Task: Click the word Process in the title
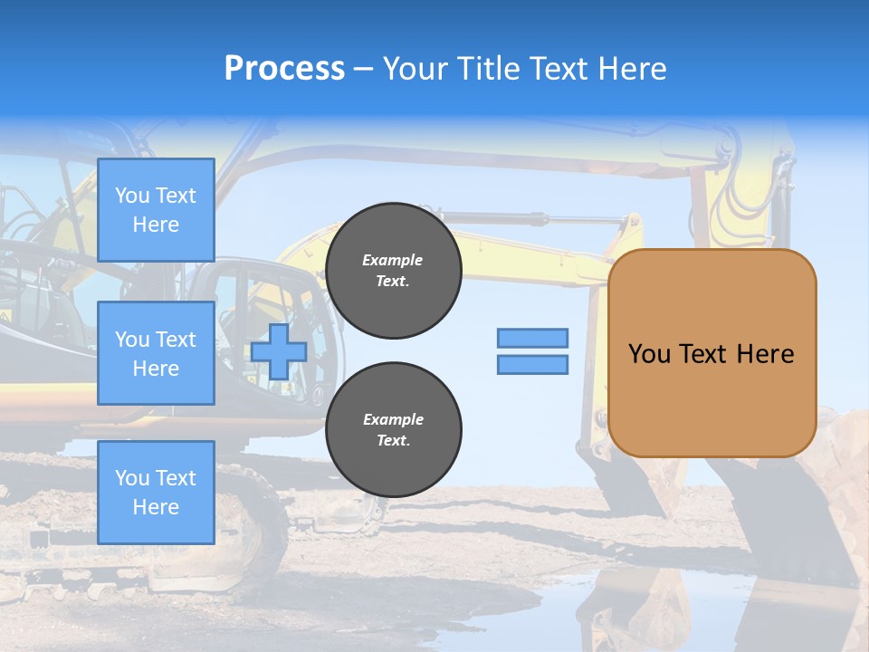coord(284,69)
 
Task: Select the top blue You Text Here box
coord(156,210)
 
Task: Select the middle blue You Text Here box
coord(156,353)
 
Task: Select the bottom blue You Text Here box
coord(156,493)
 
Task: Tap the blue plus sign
coord(279,351)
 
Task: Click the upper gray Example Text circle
coord(394,271)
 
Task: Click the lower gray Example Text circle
coord(394,430)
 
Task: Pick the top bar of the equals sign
coord(533,338)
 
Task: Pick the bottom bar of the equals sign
coord(533,365)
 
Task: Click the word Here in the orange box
coord(765,354)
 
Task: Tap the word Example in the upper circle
coord(393,260)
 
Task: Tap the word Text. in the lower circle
coord(393,441)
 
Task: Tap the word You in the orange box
coord(648,354)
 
